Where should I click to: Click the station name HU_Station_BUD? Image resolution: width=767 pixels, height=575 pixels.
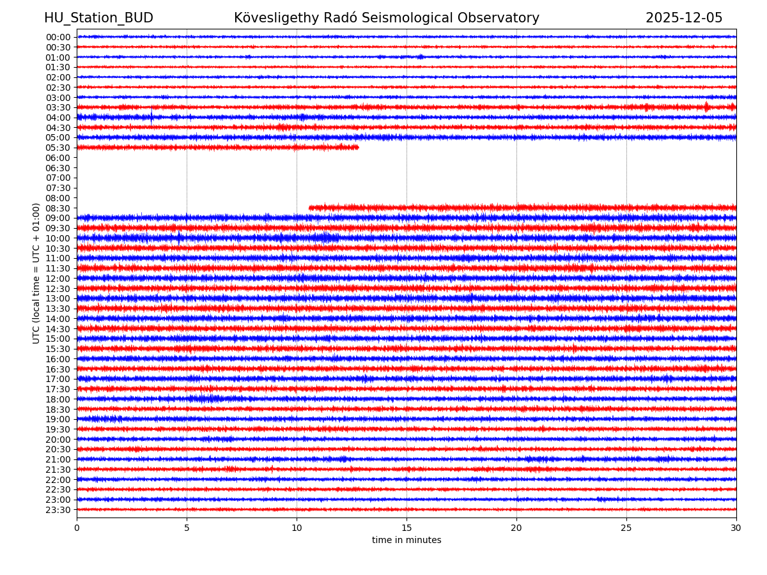(x=98, y=18)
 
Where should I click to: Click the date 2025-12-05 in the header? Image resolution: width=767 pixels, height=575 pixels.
(x=683, y=18)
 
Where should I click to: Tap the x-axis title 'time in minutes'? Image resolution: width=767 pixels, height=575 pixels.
(x=407, y=540)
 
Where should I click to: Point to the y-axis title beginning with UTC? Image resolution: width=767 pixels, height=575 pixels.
(x=37, y=273)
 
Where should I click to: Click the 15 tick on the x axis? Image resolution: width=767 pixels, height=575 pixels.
(x=407, y=528)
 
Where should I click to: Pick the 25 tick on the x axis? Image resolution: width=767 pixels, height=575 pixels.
(x=626, y=528)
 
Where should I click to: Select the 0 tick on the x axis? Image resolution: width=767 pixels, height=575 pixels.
(x=77, y=528)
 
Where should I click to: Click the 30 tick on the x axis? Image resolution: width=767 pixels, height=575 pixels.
(x=736, y=528)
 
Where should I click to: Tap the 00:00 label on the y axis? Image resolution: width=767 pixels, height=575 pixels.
(x=58, y=37)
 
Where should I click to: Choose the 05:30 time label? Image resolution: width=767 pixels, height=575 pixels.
(x=58, y=148)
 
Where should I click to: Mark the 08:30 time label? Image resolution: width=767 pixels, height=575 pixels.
(x=58, y=208)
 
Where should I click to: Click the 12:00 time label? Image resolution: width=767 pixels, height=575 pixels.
(x=58, y=279)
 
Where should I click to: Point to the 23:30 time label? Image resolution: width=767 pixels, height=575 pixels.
(x=58, y=510)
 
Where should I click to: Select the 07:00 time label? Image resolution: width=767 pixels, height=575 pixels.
(x=58, y=178)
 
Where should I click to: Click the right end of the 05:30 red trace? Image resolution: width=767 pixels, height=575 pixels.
(x=358, y=147)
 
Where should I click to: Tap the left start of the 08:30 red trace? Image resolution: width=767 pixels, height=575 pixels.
(x=310, y=208)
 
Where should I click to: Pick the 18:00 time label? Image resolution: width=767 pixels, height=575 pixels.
(x=58, y=399)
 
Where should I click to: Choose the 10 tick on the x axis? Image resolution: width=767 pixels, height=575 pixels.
(x=297, y=528)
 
